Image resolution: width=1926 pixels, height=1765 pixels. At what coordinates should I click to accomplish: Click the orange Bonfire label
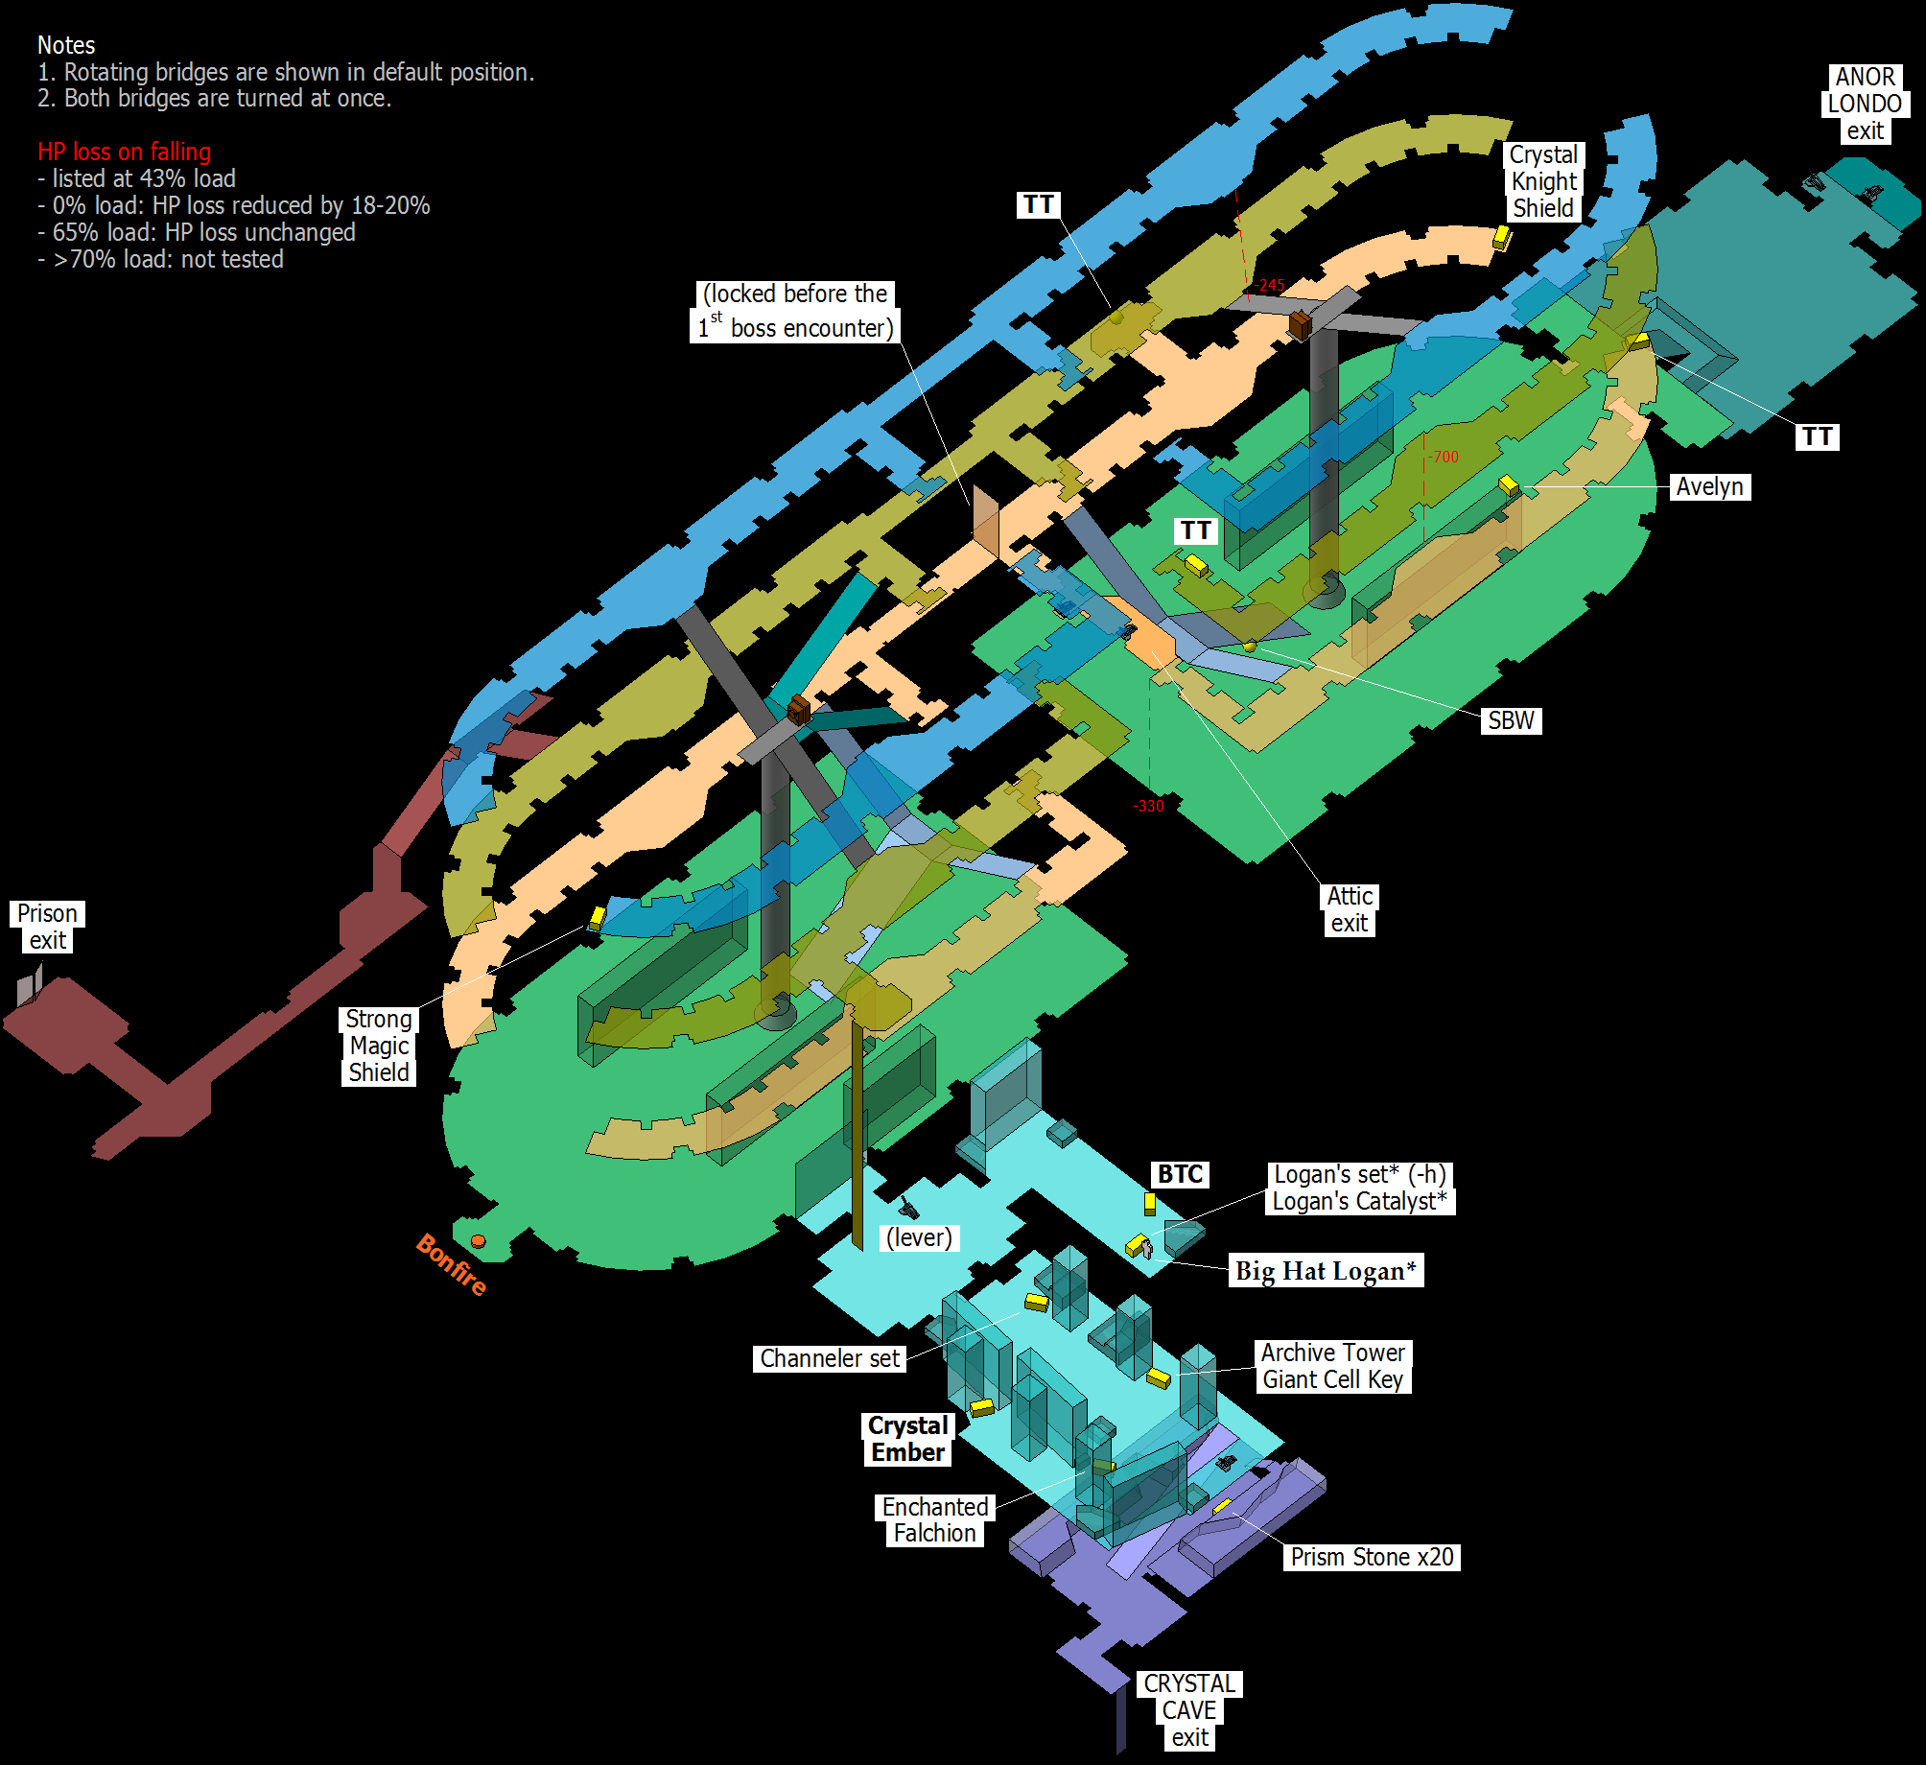pos(452,1264)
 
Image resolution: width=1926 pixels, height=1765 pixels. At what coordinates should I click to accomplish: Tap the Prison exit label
pos(47,927)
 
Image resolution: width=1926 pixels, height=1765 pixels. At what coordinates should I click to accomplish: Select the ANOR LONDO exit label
pos(1865,104)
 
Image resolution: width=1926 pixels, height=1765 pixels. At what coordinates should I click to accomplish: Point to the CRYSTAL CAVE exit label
pos(1190,1710)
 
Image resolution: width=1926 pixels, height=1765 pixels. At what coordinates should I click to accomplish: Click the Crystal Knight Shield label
pos(1543,181)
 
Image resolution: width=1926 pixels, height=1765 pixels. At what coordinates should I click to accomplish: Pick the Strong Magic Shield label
pos(379,1046)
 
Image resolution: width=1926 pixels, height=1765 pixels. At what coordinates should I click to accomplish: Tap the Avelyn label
pos(1710,486)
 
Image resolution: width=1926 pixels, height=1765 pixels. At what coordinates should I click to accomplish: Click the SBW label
pos(1512,720)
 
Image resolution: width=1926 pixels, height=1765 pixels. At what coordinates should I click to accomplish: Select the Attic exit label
pos(1350,909)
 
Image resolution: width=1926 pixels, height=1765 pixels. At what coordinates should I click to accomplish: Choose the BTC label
pos(1180,1174)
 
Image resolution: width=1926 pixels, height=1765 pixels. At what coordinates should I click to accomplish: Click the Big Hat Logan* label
pos(1326,1270)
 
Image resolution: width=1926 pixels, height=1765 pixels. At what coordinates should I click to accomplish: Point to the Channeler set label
pos(830,1358)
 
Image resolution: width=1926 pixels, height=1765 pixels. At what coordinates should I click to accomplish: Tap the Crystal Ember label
pos(908,1439)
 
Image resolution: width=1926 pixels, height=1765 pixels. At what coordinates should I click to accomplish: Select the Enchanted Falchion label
pos(935,1520)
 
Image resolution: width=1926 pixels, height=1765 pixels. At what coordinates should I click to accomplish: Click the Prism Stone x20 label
pos(1372,1557)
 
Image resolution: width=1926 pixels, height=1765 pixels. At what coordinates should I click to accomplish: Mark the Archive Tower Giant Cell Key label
pos(1333,1366)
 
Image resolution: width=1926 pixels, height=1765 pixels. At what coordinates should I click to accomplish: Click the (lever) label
pos(920,1237)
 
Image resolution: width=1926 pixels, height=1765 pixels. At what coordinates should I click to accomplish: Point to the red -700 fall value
pos(1444,457)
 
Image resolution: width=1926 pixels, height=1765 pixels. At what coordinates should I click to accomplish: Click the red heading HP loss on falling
pos(125,152)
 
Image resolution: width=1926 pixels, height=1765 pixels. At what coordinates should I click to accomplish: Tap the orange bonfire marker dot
pos(478,1241)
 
